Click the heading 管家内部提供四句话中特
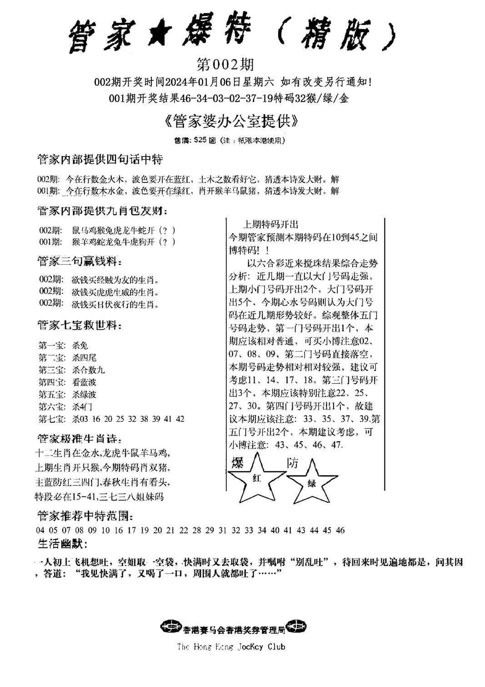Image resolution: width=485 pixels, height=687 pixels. coord(100,160)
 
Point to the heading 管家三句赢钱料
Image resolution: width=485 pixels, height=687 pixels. coord(80,261)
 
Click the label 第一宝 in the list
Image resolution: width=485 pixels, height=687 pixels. coord(53,345)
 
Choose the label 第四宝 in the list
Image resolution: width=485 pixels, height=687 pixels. coord(53,382)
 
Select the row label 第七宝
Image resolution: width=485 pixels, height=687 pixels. coord(53,419)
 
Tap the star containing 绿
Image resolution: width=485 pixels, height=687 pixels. coord(312,484)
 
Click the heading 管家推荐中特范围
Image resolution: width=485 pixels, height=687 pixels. coord(85,516)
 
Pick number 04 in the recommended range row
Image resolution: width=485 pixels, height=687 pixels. coord(40,530)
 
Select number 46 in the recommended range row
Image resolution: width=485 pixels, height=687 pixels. coord(340,530)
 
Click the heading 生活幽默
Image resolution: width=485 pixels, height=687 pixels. coord(62,544)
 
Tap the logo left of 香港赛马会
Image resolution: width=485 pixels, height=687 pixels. coord(170,628)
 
